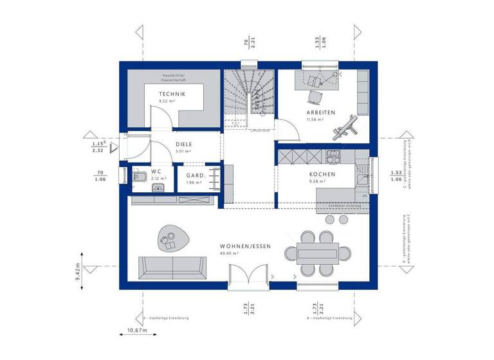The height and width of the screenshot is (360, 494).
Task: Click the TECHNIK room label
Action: (172, 94)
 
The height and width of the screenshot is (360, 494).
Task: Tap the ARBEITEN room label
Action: (320, 113)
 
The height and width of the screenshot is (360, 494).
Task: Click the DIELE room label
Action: (185, 145)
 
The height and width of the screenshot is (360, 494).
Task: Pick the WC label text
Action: (156, 172)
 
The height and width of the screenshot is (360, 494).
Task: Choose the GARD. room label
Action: (196, 175)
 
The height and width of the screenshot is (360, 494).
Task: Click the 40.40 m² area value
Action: (228, 254)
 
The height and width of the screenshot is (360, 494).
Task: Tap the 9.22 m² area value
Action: (172, 102)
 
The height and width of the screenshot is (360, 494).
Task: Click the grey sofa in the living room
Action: (172, 266)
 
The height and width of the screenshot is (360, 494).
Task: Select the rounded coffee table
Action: (172, 239)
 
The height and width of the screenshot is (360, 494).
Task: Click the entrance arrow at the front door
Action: (114, 148)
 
